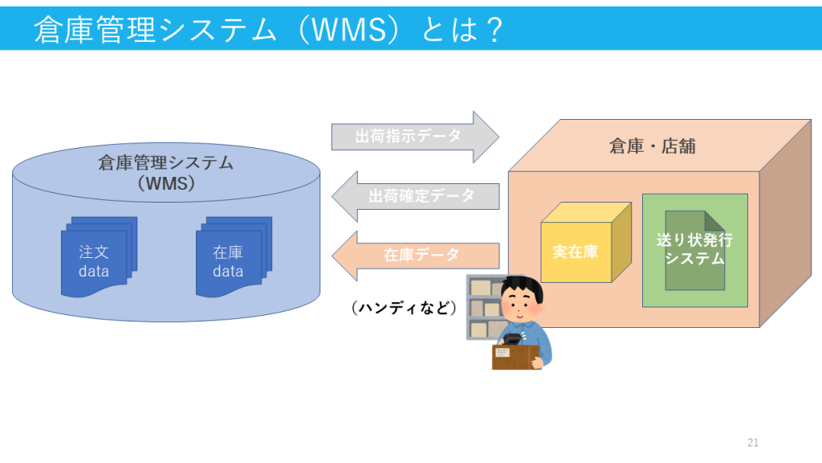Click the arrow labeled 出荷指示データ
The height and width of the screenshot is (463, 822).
click(x=415, y=137)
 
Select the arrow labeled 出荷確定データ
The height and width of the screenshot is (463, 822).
click(x=415, y=196)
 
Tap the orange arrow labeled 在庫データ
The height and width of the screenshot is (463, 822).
click(x=415, y=256)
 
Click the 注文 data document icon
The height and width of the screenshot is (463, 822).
click(x=99, y=257)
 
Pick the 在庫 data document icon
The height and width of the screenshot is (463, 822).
click(x=234, y=257)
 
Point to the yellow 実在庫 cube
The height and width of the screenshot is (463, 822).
click(x=585, y=243)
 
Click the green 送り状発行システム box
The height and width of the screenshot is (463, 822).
click(x=694, y=251)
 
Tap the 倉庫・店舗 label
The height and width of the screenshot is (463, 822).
click(x=652, y=146)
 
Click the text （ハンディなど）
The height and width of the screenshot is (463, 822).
click(x=404, y=307)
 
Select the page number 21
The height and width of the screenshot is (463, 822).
click(x=753, y=443)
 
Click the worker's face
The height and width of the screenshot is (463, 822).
click(x=519, y=305)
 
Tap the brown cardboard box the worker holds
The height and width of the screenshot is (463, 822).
click(x=515, y=358)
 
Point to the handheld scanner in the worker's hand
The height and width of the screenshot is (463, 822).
click(x=512, y=338)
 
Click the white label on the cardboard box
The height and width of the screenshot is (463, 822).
click(x=503, y=353)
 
